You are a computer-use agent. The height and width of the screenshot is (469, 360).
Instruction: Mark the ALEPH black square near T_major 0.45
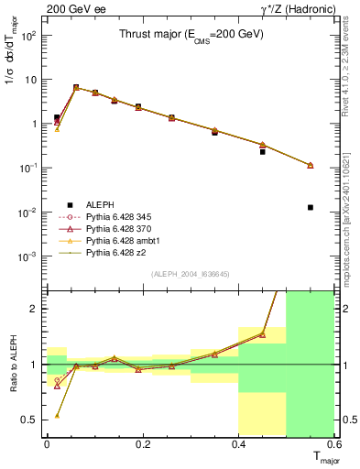point(263,151)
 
